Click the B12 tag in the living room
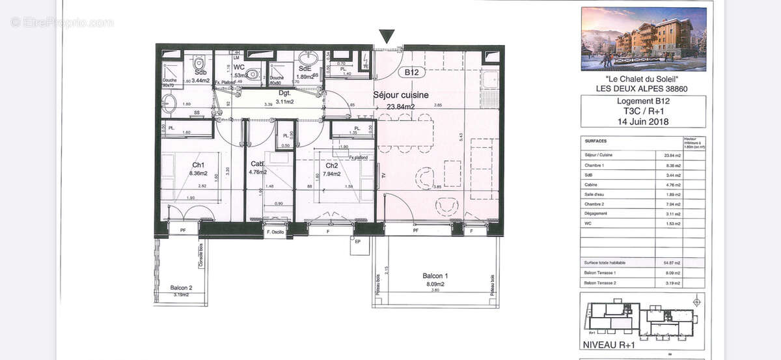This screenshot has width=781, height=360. click(x=411, y=73)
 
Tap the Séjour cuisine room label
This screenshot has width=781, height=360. click(x=401, y=95)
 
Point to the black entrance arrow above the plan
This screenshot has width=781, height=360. click(x=387, y=36)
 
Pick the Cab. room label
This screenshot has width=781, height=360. click(x=257, y=164)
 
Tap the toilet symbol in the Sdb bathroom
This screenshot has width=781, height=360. click(x=199, y=62)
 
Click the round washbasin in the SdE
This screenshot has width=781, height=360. click(x=306, y=57)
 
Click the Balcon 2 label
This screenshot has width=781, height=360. click(x=181, y=287)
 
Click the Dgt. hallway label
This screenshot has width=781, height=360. click(x=284, y=93)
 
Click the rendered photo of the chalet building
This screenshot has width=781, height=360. click(x=643, y=39)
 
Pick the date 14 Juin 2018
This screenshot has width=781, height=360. click(x=643, y=121)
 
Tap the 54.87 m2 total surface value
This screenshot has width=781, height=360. click(x=668, y=262)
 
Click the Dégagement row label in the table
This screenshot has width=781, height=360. click(x=596, y=214)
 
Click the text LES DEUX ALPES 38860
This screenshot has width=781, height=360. click(x=643, y=89)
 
